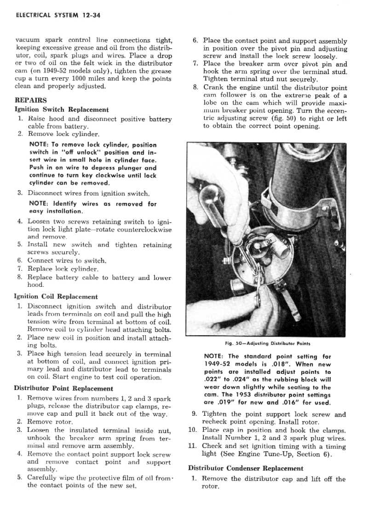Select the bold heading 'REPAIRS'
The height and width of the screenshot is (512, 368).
pos(30,100)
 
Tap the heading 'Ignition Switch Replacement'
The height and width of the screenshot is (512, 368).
pos(62,110)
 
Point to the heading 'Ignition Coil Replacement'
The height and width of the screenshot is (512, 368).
pos(56,297)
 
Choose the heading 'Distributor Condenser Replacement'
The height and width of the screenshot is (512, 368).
pos(246,468)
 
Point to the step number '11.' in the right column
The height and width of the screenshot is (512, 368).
pos(193,446)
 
